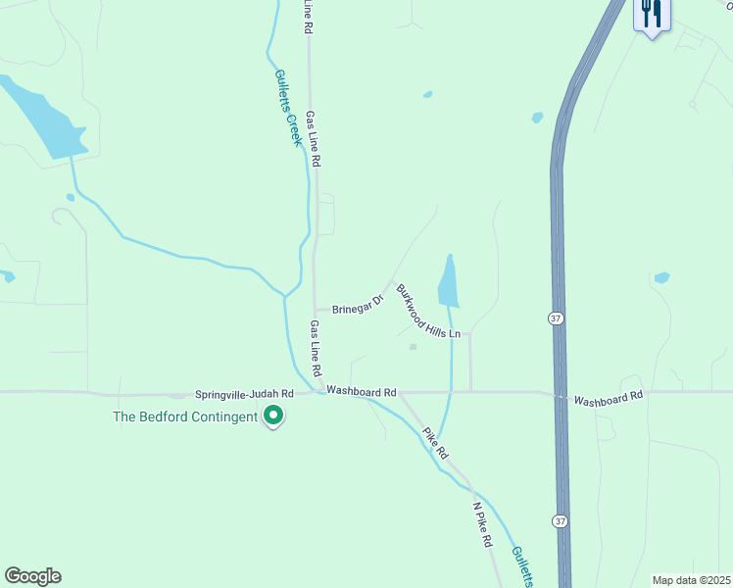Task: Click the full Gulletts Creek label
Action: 287,108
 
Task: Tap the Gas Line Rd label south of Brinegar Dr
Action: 316,349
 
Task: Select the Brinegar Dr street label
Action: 358,304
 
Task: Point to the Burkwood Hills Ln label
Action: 427,314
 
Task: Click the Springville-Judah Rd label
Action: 244,393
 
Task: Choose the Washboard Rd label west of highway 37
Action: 361,391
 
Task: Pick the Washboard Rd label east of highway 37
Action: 609,400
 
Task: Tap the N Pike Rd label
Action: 484,530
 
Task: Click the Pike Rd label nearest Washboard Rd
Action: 434,443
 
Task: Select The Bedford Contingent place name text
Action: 184,416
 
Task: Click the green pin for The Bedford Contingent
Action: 274,416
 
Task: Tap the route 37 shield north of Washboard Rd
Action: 555,318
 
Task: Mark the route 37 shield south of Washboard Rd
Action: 558,519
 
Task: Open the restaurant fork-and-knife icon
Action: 652,14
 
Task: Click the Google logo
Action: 32,576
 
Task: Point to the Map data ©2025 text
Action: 690,580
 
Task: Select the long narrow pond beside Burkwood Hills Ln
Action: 448,282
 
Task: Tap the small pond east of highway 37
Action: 661,277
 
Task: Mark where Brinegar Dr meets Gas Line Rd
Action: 315,308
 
